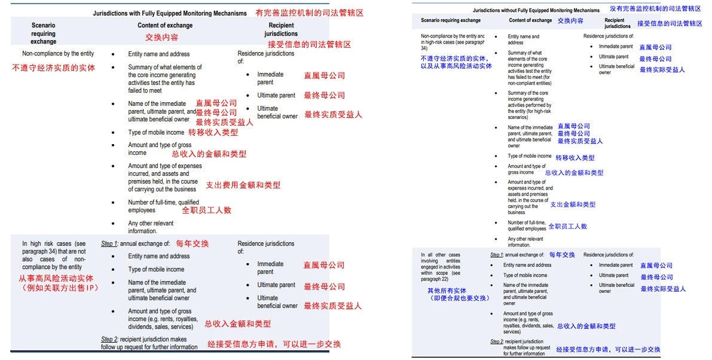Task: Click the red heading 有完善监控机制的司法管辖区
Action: click(x=309, y=13)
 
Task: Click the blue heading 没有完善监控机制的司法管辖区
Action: click(x=655, y=9)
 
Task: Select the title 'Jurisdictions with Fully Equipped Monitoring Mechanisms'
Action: click(x=170, y=13)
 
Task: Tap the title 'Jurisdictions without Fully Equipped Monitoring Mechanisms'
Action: click(x=536, y=10)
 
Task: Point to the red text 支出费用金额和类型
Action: click(x=243, y=185)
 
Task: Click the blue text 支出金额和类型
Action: click(x=573, y=205)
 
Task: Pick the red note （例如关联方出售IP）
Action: click(x=58, y=288)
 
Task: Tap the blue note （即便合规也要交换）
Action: click(x=451, y=298)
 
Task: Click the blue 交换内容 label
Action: click(x=570, y=20)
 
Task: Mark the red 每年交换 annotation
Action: click(x=192, y=244)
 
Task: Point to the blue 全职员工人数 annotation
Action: click(x=567, y=227)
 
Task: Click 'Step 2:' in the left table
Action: click(x=109, y=340)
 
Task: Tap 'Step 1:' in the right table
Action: click(x=497, y=255)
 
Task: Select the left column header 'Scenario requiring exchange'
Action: click(x=43, y=33)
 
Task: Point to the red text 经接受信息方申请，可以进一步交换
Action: click(x=274, y=344)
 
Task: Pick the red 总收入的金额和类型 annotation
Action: click(x=209, y=154)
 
